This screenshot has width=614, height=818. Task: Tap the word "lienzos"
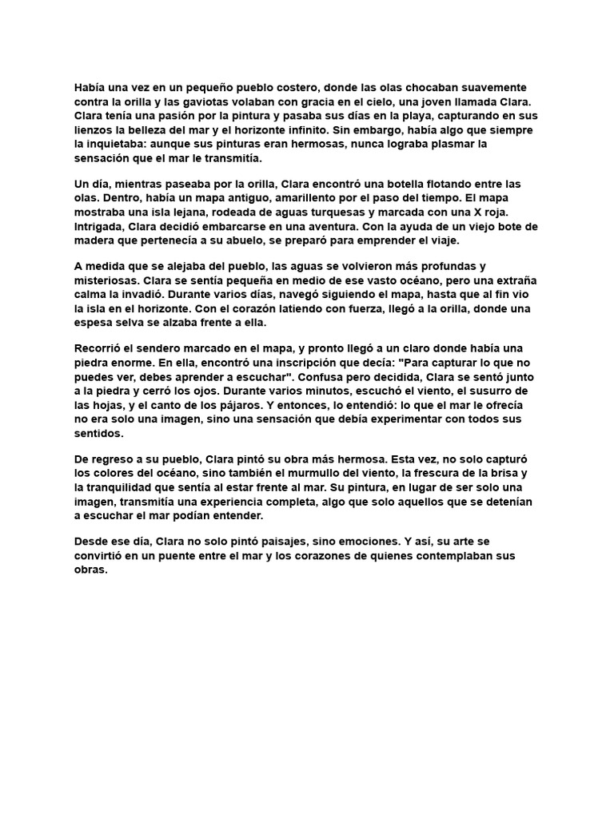coord(94,130)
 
